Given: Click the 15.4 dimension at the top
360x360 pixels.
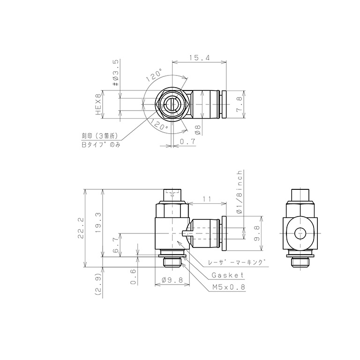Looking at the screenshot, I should click(199, 58).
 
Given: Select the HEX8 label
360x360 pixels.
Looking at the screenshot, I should click(98, 104).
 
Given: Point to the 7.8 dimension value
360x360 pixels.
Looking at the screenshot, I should click(240, 104).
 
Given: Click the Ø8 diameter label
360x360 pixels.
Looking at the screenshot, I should click(198, 129).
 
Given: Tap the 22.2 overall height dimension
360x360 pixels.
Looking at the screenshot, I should click(81, 228).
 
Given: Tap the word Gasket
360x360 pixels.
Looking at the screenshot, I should click(227, 275).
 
